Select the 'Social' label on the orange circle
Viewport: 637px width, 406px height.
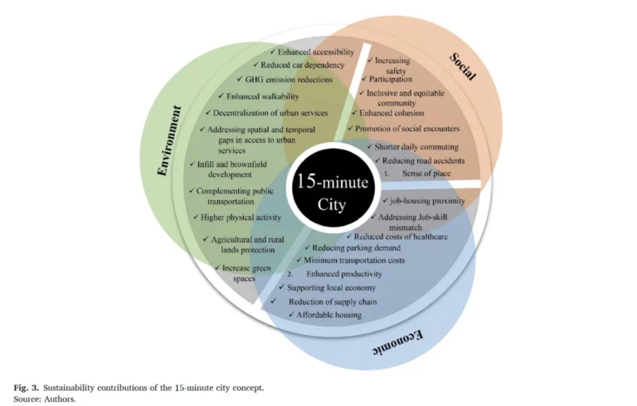(x=463, y=66)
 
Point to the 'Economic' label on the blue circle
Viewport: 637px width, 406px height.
(x=396, y=343)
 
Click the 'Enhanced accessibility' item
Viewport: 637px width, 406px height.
(x=315, y=52)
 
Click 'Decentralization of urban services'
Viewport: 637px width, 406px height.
(x=271, y=113)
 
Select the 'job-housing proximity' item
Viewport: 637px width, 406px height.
(x=427, y=201)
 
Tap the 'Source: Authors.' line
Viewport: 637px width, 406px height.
(x=45, y=399)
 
